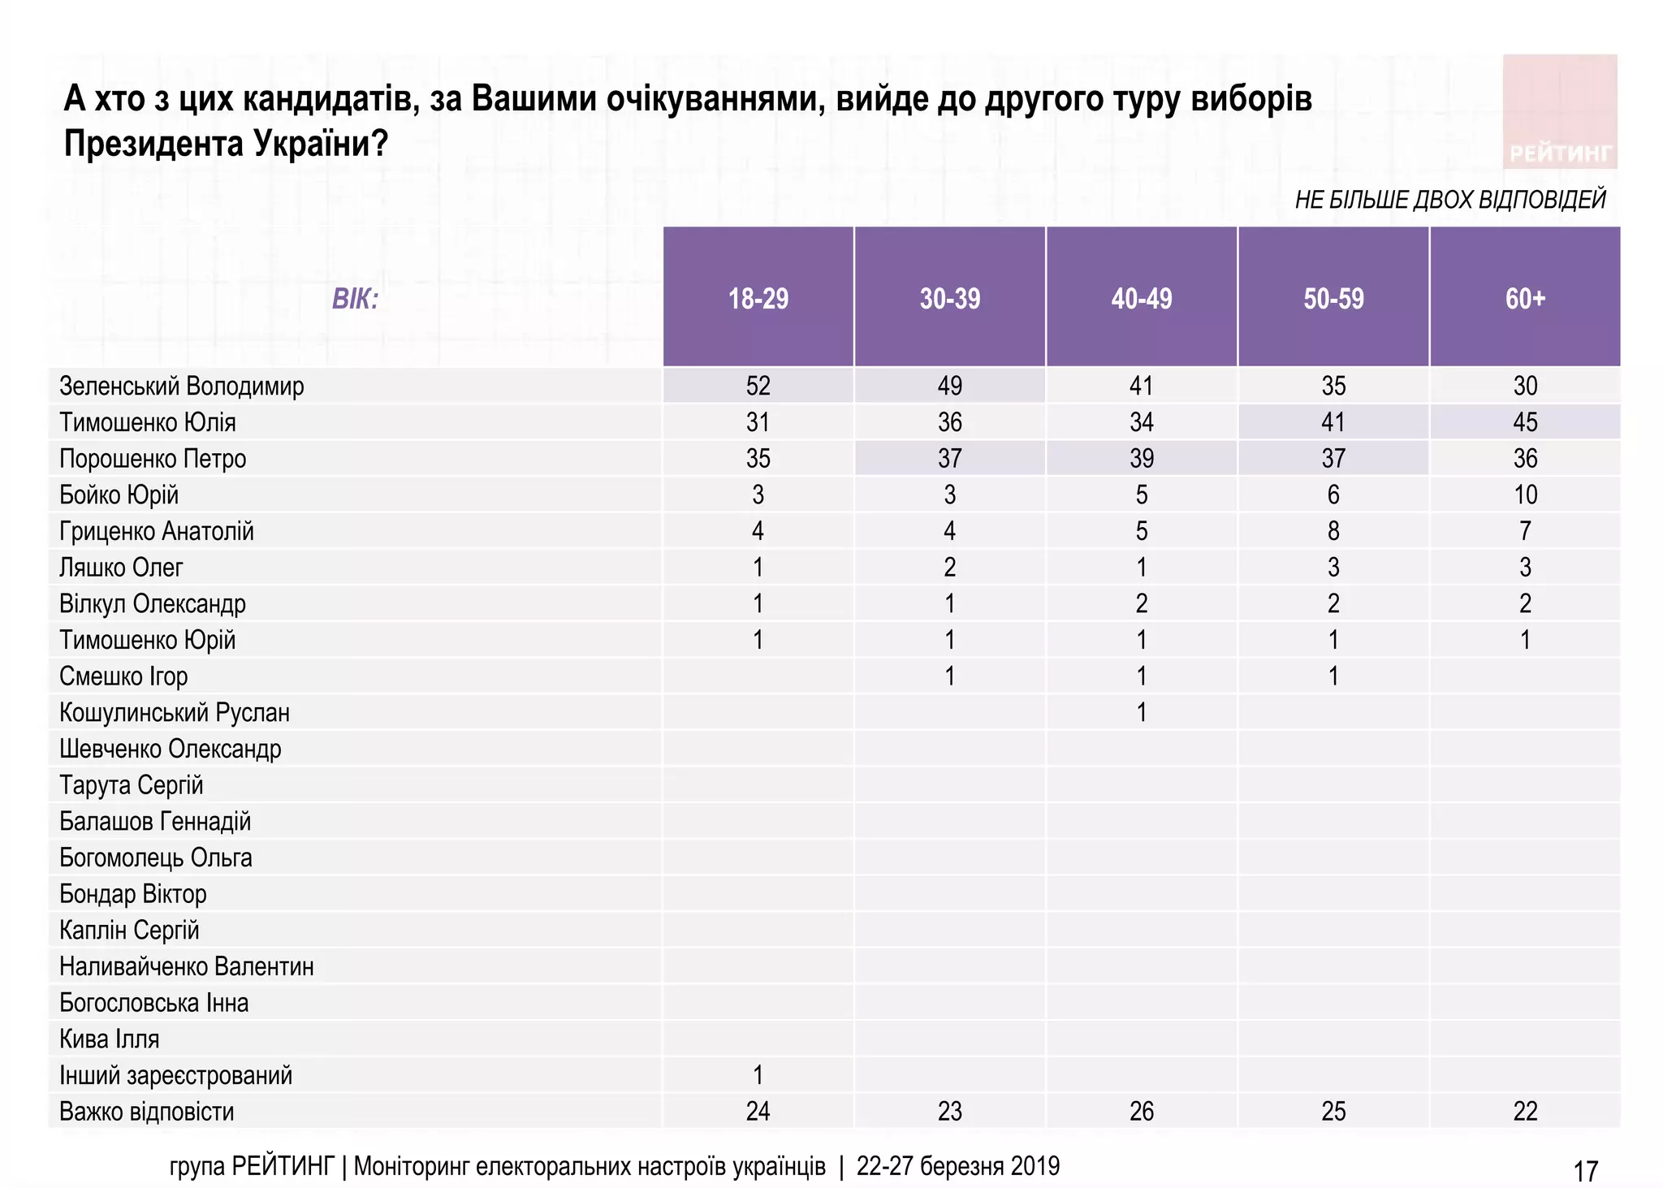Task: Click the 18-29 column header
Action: pyautogui.click(x=758, y=298)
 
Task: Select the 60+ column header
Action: pyautogui.click(x=1524, y=298)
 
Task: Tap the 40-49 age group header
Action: pyautogui.click(x=1141, y=298)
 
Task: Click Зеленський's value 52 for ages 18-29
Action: pyautogui.click(x=758, y=386)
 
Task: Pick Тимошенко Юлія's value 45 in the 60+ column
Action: pyautogui.click(x=1524, y=422)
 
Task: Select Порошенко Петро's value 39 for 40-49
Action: pyautogui.click(x=1141, y=458)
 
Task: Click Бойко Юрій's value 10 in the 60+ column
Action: pyautogui.click(x=1524, y=495)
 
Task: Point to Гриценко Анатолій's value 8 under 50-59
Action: pyautogui.click(x=1333, y=531)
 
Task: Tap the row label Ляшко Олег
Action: pyautogui.click(x=121, y=567)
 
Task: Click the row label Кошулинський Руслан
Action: pyautogui.click(x=174, y=712)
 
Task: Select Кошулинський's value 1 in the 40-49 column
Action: pyautogui.click(x=1141, y=712)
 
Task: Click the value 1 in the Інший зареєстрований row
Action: pyautogui.click(x=758, y=1075)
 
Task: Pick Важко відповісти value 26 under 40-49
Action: pyautogui.click(x=1141, y=1111)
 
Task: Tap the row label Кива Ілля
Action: pyautogui.click(x=109, y=1039)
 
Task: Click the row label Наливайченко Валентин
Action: pyautogui.click(x=186, y=966)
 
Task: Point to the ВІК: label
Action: pyautogui.click(x=355, y=300)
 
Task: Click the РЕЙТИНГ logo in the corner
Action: pyautogui.click(x=1559, y=112)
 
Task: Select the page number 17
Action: pyautogui.click(x=1585, y=1171)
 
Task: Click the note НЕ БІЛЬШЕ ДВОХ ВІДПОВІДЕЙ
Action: pyautogui.click(x=1449, y=199)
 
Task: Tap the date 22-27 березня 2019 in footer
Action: pyautogui.click(x=957, y=1166)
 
